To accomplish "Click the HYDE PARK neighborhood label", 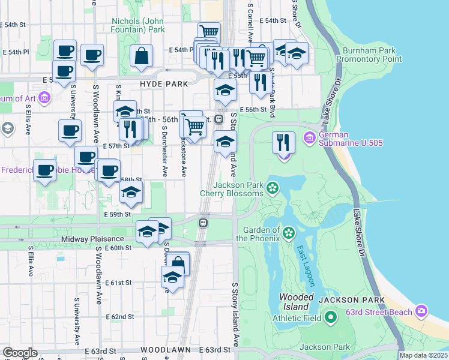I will coord(164,85).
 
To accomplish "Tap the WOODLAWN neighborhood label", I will coord(165,350).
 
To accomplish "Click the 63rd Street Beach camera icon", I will coord(421,311).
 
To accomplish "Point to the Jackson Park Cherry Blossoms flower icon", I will coord(273,188).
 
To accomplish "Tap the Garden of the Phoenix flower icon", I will coord(289,232).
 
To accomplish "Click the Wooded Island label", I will coord(297,302).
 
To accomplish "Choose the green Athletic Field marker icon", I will coord(331,317).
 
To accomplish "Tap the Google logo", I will coord(19,352).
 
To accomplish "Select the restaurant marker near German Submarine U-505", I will coord(284,143).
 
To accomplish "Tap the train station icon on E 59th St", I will coord(203,223).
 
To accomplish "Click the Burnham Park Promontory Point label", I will coord(369,55).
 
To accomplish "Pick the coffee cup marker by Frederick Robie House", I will coord(44,171).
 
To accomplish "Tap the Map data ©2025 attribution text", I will coord(423,355).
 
